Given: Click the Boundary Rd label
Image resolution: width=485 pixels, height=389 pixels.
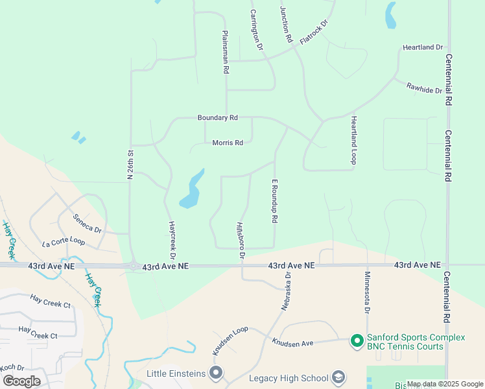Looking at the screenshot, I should (x=218, y=118).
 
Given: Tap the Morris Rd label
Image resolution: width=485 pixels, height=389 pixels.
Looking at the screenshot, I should (x=228, y=143).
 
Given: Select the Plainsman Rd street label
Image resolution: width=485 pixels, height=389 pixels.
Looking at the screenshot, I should (x=225, y=51).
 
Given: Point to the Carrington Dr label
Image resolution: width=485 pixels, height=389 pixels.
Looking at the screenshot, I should (x=257, y=30).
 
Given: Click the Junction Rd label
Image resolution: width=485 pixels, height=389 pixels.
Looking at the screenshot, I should (x=286, y=25).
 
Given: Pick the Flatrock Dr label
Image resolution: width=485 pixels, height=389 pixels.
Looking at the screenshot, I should (x=314, y=32).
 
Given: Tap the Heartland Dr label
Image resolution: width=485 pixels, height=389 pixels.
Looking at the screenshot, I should (x=422, y=48).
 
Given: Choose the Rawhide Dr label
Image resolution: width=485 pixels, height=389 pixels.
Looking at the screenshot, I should (x=424, y=88).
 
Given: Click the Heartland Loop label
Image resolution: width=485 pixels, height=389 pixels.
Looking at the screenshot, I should (x=354, y=140).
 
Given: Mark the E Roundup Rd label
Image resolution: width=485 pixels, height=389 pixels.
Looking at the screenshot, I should (x=275, y=202).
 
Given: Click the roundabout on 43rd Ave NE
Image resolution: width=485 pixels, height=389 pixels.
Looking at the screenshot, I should (x=134, y=266).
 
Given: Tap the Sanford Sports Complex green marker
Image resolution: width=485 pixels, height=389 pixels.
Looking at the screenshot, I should (x=356, y=340).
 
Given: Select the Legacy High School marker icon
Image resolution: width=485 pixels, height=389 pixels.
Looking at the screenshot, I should (x=338, y=377).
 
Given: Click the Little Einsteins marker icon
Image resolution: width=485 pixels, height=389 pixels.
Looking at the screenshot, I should (x=216, y=373).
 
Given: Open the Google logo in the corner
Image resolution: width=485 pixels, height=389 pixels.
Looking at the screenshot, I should (x=22, y=381).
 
